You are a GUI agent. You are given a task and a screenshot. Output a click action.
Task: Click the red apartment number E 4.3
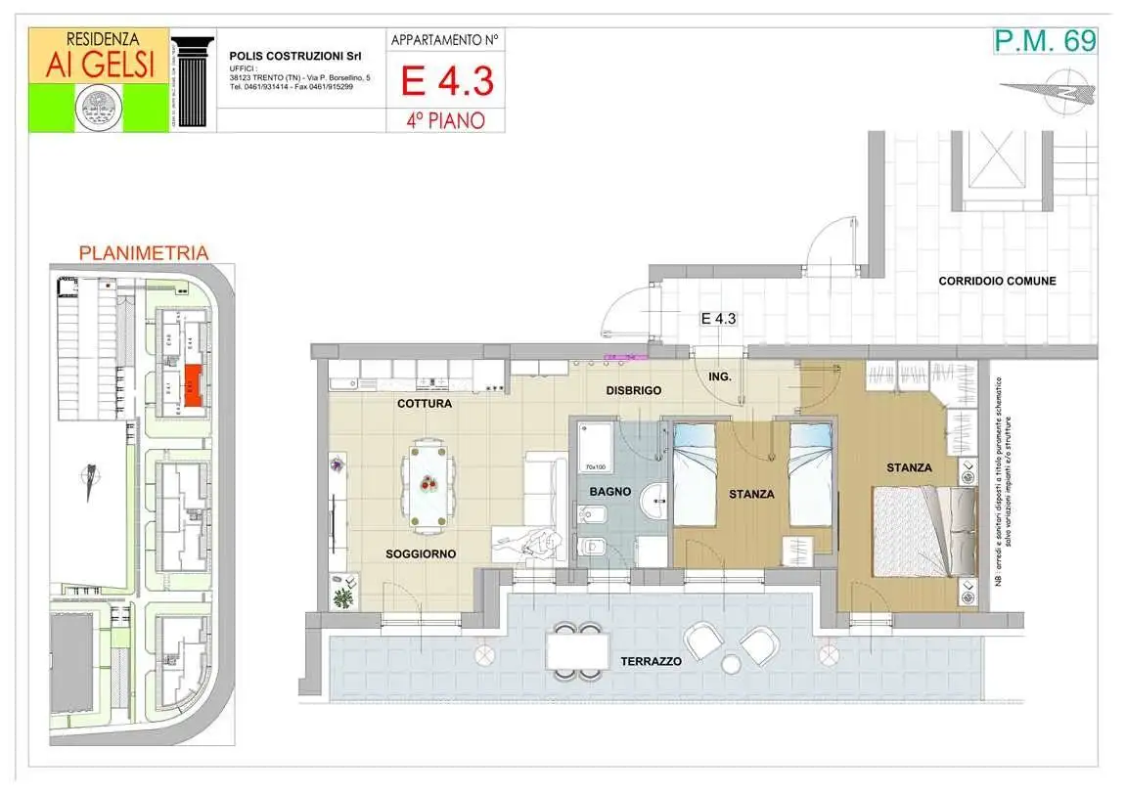446,81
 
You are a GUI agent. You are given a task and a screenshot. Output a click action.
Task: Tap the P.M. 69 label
1044,41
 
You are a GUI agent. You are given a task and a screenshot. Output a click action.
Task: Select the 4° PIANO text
446,121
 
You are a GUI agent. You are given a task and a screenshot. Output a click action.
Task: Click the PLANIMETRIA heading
143,252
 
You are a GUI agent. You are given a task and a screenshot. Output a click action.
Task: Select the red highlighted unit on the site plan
195,385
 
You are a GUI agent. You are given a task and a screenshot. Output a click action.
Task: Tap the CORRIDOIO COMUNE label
997,281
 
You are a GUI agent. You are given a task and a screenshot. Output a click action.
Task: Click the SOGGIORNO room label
421,553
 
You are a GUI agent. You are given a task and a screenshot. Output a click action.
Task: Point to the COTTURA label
425,403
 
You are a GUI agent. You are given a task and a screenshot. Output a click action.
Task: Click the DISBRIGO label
632,390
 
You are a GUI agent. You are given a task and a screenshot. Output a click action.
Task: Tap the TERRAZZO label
651,662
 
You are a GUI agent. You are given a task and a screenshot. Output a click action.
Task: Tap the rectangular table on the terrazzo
574,650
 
